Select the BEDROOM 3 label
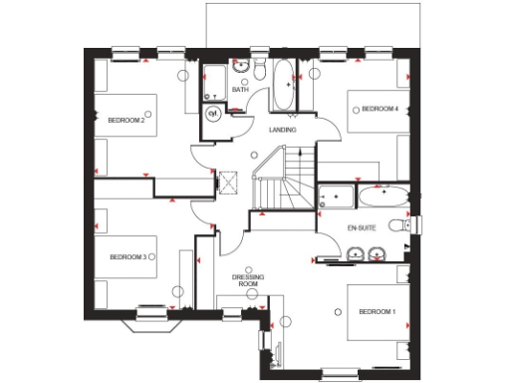[x=128, y=257]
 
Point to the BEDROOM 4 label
[x=380, y=108]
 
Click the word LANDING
[x=284, y=130]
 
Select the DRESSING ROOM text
[x=246, y=280]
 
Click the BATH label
[x=240, y=90]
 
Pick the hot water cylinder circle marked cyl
[x=213, y=114]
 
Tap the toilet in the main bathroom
[x=257, y=71]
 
